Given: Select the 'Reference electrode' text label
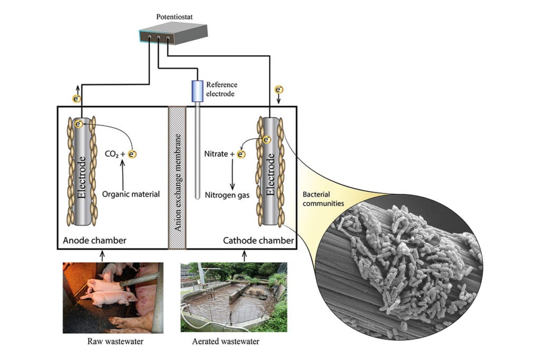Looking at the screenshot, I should click(221, 89).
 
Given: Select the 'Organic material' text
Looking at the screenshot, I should click(132, 194).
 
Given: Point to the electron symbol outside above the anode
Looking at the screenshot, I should click(77, 99).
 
